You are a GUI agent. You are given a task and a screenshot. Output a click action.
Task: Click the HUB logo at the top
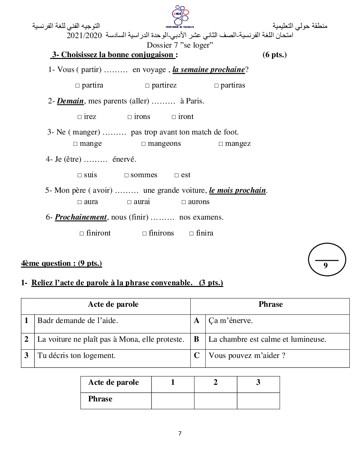[180, 16]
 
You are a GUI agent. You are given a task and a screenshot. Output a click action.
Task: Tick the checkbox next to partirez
[148, 86]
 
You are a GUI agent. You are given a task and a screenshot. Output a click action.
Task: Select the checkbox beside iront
[174, 117]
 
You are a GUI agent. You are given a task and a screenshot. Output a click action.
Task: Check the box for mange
[76, 144]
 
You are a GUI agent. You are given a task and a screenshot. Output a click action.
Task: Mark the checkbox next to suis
[80, 175]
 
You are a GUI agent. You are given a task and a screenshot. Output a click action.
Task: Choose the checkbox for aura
[80, 202]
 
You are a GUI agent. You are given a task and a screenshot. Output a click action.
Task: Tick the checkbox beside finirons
[145, 234]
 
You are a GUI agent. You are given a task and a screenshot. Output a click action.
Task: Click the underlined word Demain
[71, 101]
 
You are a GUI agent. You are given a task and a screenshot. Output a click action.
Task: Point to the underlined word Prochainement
[81, 217]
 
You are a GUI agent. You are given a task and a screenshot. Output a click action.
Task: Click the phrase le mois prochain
[238, 190]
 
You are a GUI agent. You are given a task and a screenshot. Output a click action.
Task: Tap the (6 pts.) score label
[275, 55]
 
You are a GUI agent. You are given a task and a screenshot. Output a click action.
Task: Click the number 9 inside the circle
[325, 265]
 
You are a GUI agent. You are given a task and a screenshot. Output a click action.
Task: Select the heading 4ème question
[61, 263]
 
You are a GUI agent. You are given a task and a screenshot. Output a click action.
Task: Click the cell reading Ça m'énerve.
[231, 321]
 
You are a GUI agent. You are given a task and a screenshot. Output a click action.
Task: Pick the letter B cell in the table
[197, 339]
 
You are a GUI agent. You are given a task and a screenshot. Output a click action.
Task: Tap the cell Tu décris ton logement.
[77, 356]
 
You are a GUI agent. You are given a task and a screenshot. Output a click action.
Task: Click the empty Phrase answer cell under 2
[215, 401]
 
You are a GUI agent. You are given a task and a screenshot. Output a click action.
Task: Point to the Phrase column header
[270, 304]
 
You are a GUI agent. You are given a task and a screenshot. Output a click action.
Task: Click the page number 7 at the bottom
[180, 434]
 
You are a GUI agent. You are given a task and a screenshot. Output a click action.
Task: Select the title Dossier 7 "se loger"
[180, 45]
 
